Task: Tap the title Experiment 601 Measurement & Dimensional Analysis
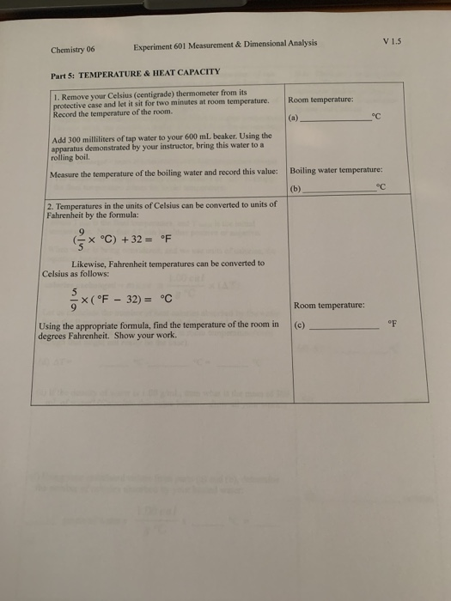225,43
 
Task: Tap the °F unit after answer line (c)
393,325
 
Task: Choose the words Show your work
153,335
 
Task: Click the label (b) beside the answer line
297,186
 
